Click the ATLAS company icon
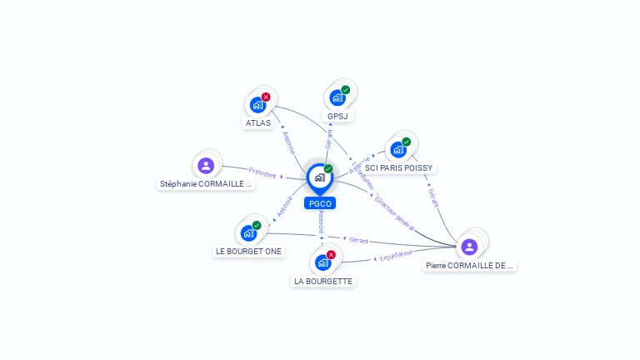(257, 105)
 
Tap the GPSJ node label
(337, 116)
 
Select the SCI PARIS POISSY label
(399, 167)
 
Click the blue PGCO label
(320, 202)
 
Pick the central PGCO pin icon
(319, 177)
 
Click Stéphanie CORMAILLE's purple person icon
(206, 165)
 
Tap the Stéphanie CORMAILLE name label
(206, 184)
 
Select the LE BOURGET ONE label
(248, 251)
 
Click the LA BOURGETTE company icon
(323, 262)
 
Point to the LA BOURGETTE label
(323, 282)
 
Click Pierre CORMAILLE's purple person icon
(469, 246)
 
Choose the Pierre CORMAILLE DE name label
(469, 265)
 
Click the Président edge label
(262, 173)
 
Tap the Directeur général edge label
(394, 213)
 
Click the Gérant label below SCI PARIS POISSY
(433, 197)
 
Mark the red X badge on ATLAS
(266, 97)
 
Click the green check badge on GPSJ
(345, 90)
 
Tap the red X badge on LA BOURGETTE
(331, 254)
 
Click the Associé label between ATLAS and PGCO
(288, 142)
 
